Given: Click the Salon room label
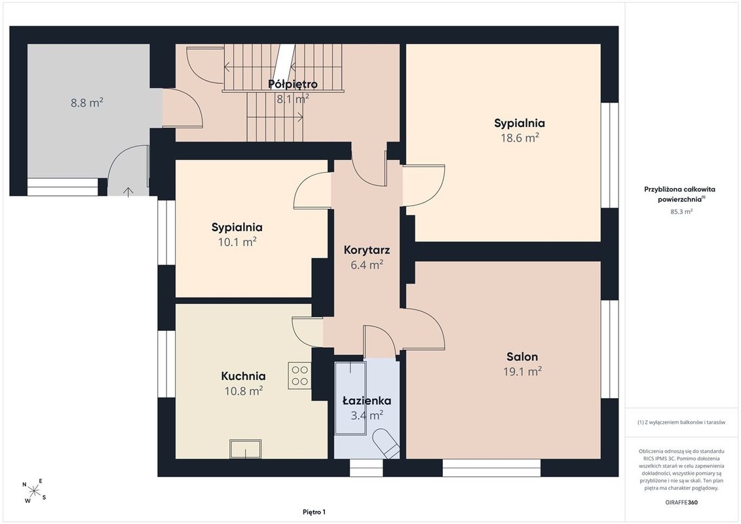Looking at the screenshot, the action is point(522,357).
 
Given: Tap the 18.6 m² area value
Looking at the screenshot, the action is point(520,138).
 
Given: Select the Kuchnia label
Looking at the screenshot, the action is point(243,376).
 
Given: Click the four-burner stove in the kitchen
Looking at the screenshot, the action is point(299,375).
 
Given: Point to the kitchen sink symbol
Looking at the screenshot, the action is point(245,449).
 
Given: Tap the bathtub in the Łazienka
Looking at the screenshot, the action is point(350,398).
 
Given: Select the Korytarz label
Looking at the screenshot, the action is point(367,250).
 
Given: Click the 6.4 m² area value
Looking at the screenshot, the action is point(367,265).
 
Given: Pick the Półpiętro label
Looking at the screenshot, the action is point(292,84).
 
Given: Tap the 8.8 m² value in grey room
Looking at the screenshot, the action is point(87,103).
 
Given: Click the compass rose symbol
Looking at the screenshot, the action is point(34,491).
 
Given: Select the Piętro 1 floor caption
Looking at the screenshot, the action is point(314,512).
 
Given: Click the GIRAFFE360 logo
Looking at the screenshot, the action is point(681,502).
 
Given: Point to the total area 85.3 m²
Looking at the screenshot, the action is point(681,212).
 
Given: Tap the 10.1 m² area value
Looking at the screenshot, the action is point(237,242).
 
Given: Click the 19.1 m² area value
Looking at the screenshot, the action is point(522,371).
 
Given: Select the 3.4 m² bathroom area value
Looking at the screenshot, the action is point(367,415).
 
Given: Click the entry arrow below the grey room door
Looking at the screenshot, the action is point(128,191).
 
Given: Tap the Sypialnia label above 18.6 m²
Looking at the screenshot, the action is point(520,123).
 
